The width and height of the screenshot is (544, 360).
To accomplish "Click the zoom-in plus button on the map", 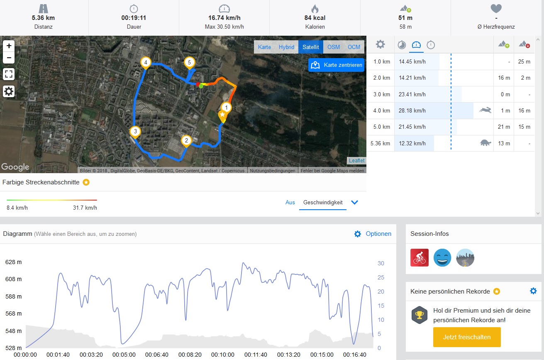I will [9, 46].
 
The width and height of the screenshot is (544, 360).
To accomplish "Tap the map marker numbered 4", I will [145, 63].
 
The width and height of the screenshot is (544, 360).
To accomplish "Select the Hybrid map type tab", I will [286, 47].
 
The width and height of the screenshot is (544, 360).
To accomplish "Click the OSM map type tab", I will [334, 47].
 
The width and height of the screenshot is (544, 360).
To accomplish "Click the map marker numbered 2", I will [186, 141].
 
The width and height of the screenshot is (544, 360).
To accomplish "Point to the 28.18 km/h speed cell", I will [412, 110].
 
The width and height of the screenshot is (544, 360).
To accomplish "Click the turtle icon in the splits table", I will [485, 143].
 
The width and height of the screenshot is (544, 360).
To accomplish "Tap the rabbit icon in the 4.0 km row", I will [485, 110].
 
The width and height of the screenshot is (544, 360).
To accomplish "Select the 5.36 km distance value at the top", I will [43, 18].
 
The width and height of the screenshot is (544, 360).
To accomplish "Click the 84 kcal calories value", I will [315, 18].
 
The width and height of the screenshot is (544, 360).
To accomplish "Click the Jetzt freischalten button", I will [467, 337].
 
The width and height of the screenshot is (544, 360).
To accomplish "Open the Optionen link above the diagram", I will [378, 234].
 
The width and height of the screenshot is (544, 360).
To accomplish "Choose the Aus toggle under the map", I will [290, 202].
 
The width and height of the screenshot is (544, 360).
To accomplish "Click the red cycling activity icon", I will [419, 257].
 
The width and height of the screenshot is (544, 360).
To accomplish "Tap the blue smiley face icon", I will [442, 257].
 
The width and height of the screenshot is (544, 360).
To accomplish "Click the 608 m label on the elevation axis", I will [13, 279].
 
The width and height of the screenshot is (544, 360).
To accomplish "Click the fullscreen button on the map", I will [9, 74].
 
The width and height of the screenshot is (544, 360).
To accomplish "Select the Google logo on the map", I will [15, 167].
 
